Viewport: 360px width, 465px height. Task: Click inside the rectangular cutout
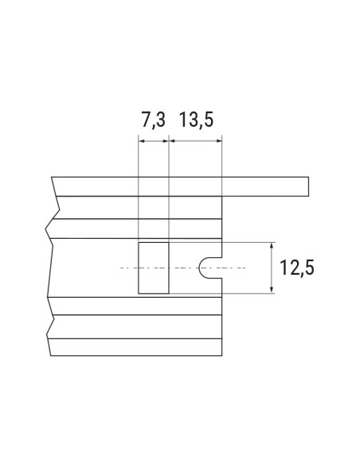pyautogui.click(x=153, y=268)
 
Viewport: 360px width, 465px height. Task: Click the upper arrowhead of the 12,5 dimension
pyautogui.click(x=273, y=245)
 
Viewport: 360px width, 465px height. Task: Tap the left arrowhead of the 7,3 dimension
pyautogui.click(x=141, y=141)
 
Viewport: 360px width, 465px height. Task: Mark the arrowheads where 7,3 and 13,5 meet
pyautogui.click(x=170, y=141)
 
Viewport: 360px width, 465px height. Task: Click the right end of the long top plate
pyautogui.click(x=307, y=186)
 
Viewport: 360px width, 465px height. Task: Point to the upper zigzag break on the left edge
pyautogui.click(x=49, y=226)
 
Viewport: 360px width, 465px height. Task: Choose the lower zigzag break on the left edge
pyautogui.click(x=49, y=326)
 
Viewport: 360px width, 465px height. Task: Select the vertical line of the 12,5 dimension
pyautogui.click(x=273, y=268)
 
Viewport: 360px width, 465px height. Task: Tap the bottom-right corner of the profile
pyautogui.click(x=221, y=355)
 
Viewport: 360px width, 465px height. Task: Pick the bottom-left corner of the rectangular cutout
pyautogui.click(x=139, y=293)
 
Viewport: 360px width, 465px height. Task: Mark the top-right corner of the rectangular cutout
pyautogui.click(x=168, y=243)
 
